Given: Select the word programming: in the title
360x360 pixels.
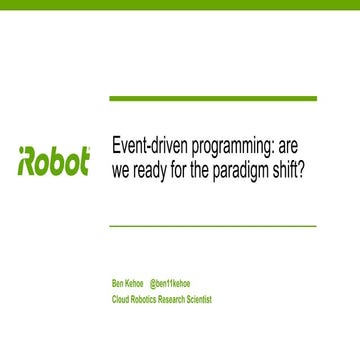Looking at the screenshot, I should (x=234, y=146).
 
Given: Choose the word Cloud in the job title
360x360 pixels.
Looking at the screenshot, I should (x=121, y=299).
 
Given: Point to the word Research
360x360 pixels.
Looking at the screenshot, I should (x=182, y=299).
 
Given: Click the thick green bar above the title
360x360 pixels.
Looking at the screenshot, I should (x=212, y=99).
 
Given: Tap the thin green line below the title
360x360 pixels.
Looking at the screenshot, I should (x=212, y=226).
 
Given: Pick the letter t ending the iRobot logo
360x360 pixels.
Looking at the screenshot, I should (x=85, y=161).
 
